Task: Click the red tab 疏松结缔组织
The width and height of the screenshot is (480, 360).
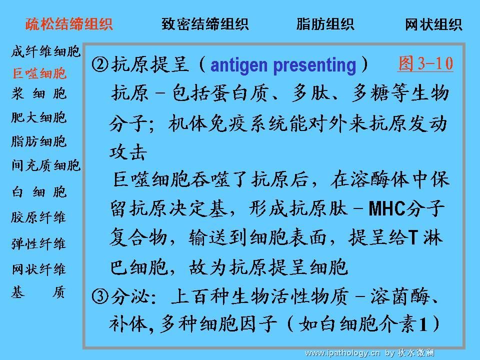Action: pyautogui.click(x=69, y=24)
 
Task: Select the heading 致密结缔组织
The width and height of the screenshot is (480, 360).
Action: pyautogui.click(x=205, y=24)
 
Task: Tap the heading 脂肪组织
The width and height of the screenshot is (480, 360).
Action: pyautogui.click(x=325, y=24)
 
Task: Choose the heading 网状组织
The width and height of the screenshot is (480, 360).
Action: pyautogui.click(x=433, y=24)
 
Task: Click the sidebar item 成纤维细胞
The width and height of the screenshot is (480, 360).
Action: pyautogui.click(x=46, y=51)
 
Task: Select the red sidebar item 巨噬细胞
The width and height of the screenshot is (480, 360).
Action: pyautogui.click(x=39, y=73)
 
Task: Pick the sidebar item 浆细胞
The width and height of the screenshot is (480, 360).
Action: pyautogui.click(x=39, y=93)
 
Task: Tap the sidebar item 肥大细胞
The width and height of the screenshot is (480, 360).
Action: pyautogui.click(x=39, y=117)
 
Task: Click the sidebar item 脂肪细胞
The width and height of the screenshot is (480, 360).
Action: pyautogui.click(x=39, y=141)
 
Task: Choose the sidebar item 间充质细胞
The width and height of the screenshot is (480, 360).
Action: pyautogui.click(x=46, y=165)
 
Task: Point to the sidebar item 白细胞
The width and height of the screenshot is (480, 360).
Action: pyautogui.click(x=39, y=192)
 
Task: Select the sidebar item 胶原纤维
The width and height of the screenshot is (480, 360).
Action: pyautogui.click(x=38, y=217)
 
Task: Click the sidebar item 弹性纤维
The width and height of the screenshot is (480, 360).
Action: pyautogui.click(x=38, y=243)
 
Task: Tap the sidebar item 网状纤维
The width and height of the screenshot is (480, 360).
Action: pyautogui.click(x=39, y=269)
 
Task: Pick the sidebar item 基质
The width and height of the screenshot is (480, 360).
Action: pyautogui.click(x=38, y=292)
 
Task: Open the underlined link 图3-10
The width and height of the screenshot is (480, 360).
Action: pyautogui.click(x=425, y=63)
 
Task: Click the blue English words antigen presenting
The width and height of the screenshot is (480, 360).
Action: pyautogui.click(x=283, y=65)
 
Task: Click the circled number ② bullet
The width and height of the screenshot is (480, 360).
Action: pyautogui.click(x=100, y=64)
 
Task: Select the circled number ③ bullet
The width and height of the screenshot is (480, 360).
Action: pyautogui.click(x=100, y=296)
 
